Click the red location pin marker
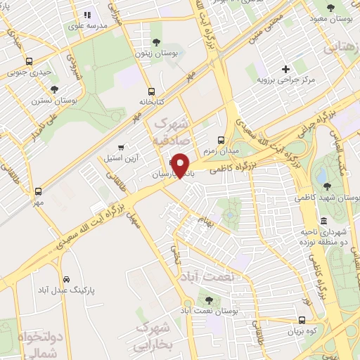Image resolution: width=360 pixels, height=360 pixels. coord(181,165)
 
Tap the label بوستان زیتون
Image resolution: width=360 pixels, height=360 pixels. coord(156,53)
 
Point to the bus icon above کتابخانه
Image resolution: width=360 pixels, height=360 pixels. coord(151,91)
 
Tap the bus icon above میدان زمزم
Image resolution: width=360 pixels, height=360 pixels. coord(221,139)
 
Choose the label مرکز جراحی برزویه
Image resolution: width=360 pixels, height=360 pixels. coord(285,79)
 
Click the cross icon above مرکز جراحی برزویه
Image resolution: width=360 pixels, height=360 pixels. coord(285,69)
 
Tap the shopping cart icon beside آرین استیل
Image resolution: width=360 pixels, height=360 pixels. coord(122,148)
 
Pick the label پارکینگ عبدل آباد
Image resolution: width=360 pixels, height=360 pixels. coord(66,290)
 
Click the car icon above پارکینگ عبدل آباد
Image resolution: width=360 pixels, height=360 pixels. coord(66,279)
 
